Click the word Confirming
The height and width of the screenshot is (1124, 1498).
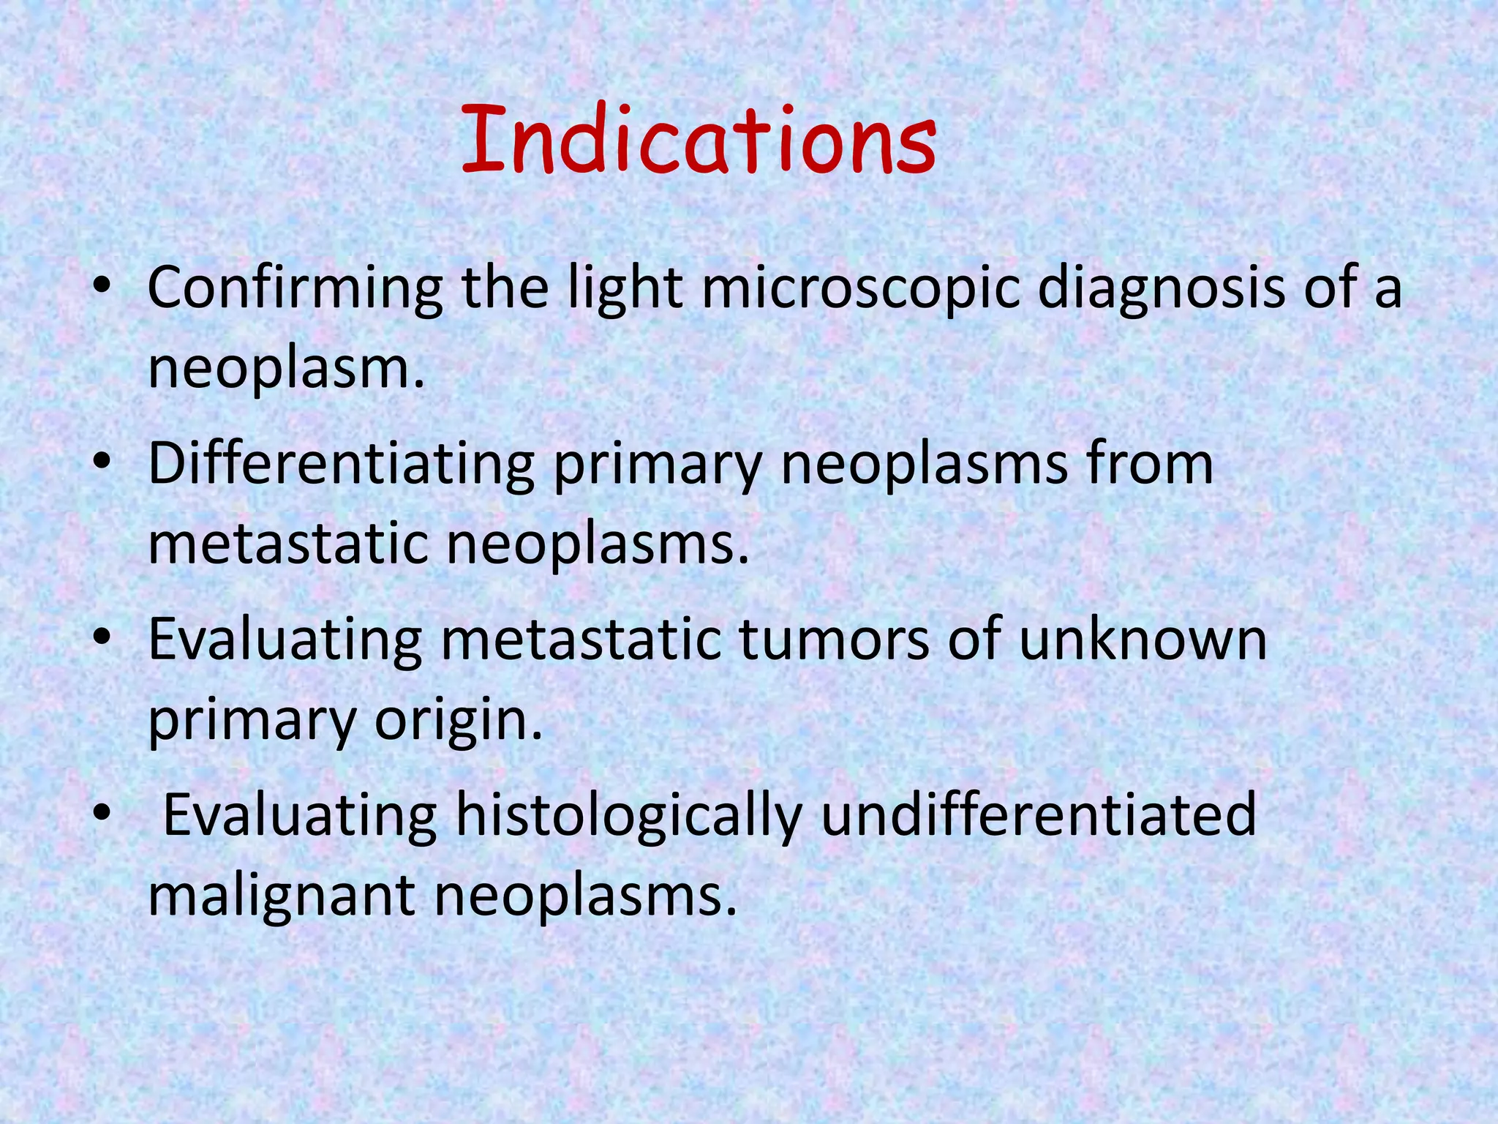(x=295, y=289)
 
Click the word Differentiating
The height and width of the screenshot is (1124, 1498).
(x=342, y=465)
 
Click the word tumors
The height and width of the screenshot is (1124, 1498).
(x=833, y=640)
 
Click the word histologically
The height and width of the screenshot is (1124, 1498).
(x=629, y=816)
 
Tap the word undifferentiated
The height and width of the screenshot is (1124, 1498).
(x=1038, y=816)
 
